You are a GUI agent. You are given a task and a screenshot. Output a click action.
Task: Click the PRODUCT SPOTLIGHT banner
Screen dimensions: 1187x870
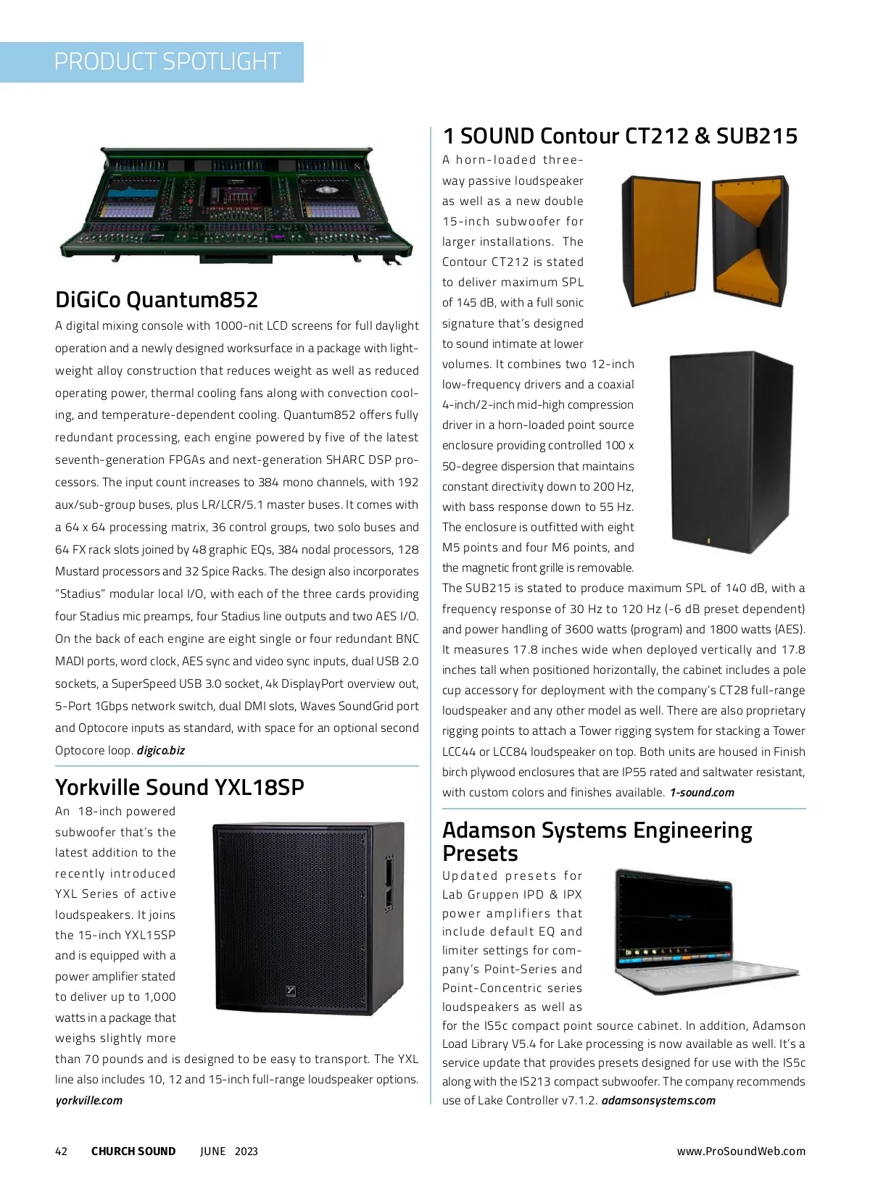(167, 62)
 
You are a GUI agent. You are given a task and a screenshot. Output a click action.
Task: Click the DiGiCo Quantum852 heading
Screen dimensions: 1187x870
(157, 299)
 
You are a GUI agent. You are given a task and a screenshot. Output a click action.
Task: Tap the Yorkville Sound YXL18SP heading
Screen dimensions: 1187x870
(180, 787)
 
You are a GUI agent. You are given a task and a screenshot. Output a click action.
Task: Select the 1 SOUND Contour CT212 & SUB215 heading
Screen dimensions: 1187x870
(620, 136)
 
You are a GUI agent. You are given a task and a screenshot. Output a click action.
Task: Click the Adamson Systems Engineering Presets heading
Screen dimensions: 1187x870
(597, 841)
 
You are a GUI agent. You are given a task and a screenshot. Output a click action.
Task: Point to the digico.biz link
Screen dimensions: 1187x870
(161, 750)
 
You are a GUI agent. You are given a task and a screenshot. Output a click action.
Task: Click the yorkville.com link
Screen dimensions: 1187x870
(89, 1100)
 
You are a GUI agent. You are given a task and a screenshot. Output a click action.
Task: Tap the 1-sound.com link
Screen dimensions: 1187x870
(702, 792)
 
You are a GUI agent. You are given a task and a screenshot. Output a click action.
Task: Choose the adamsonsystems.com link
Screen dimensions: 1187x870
(658, 1100)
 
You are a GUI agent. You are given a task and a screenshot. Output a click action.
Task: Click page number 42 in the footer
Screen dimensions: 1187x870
(62, 1151)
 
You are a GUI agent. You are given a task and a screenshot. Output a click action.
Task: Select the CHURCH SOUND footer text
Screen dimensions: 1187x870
(133, 1151)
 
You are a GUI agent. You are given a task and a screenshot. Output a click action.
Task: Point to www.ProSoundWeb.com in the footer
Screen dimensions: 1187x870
(741, 1151)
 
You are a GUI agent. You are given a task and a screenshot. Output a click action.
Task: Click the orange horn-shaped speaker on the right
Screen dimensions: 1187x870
(747, 239)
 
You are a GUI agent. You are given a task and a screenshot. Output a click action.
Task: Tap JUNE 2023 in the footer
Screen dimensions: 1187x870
(229, 1151)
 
